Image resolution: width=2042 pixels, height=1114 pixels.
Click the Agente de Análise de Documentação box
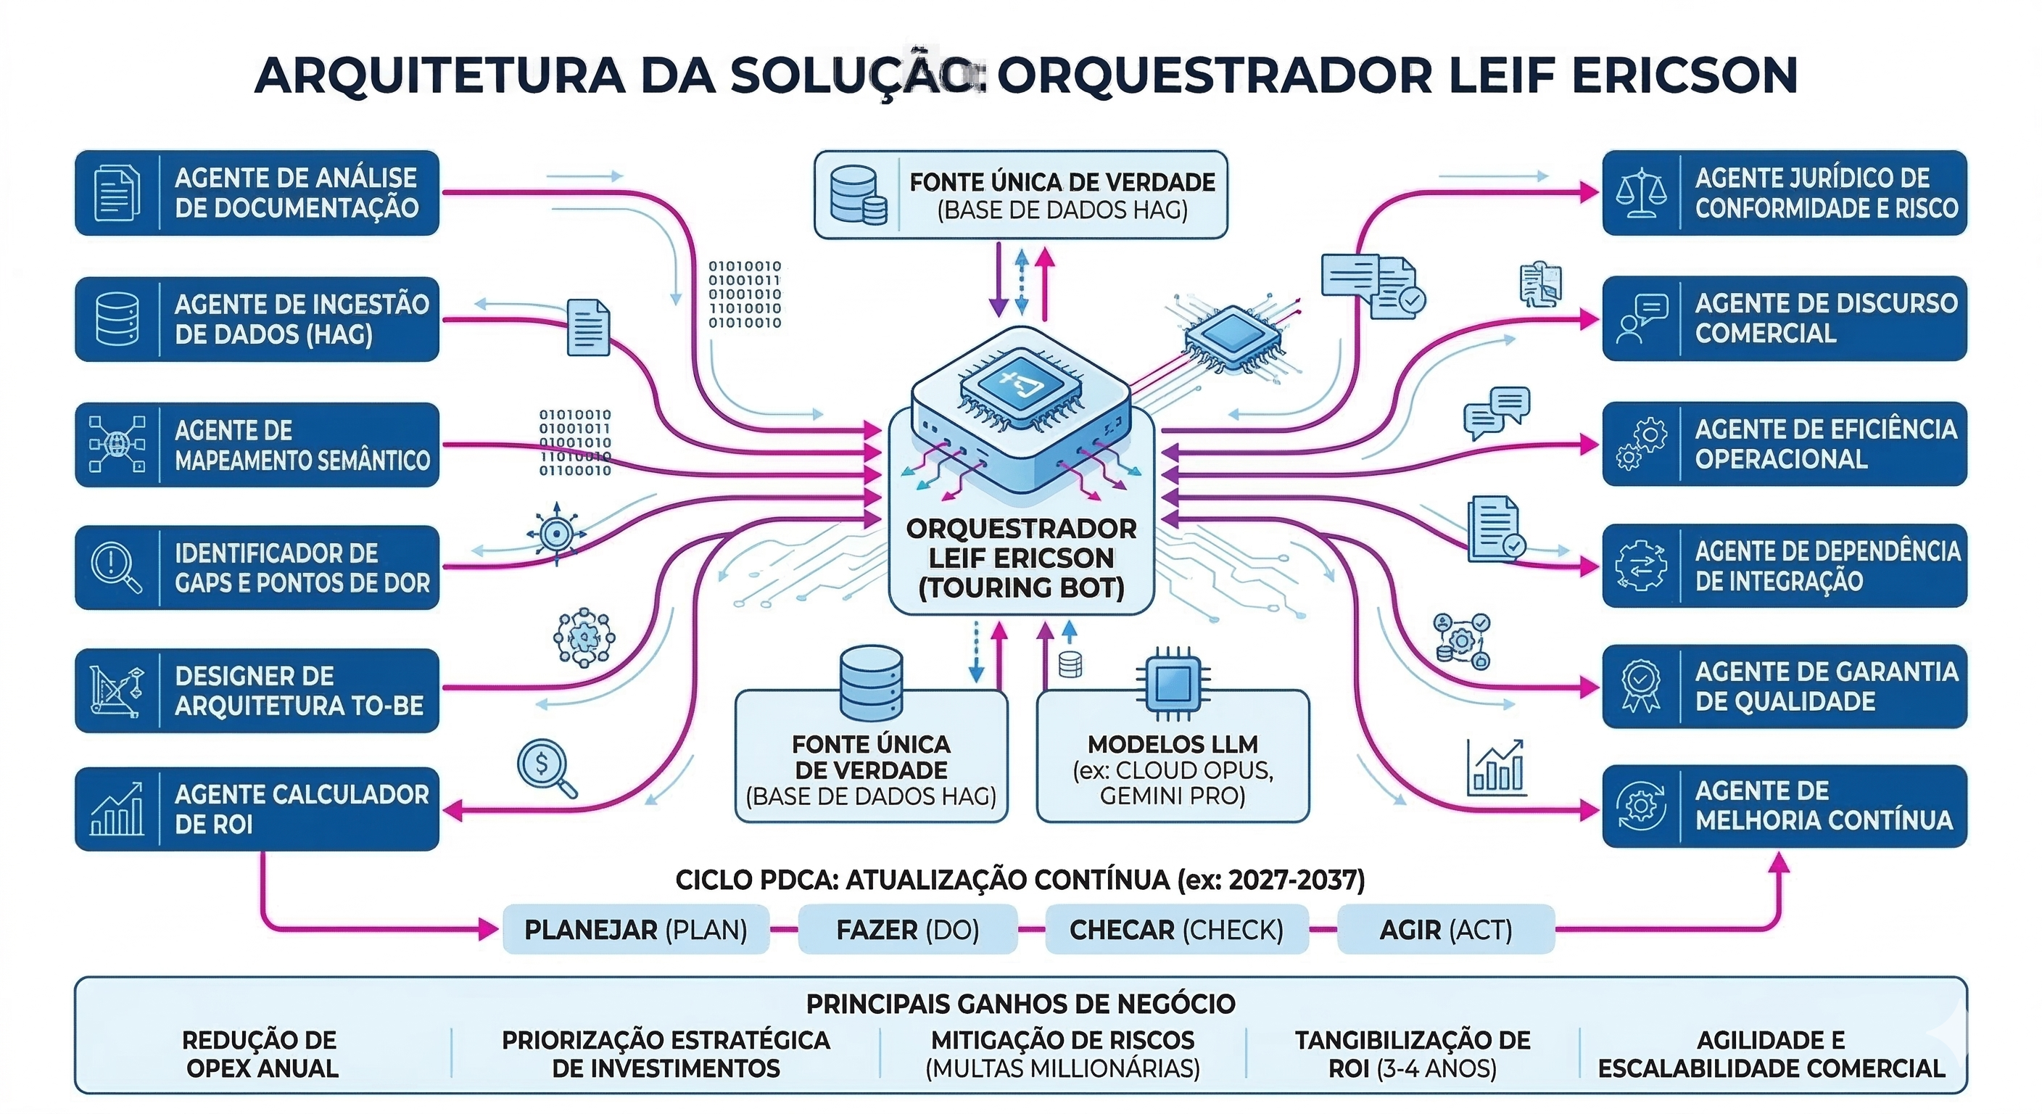(x=257, y=193)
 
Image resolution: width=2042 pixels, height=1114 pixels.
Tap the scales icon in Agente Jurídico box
(x=1640, y=193)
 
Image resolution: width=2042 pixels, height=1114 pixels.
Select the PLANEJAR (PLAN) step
(x=636, y=929)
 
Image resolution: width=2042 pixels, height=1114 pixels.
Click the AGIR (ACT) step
(x=1445, y=929)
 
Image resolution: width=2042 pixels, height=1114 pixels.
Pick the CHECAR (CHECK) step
(x=1176, y=929)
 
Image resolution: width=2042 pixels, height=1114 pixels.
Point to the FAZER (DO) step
(x=908, y=929)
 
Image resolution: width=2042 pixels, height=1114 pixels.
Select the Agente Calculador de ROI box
(x=257, y=809)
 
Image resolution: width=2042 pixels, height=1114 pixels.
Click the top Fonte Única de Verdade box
(x=1021, y=195)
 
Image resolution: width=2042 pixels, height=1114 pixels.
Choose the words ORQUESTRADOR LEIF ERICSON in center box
(x=1021, y=544)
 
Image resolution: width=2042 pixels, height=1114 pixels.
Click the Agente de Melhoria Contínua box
(x=1785, y=806)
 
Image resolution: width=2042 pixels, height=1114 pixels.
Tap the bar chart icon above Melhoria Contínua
(x=1496, y=767)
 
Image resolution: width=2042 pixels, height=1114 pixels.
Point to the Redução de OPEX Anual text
(x=261, y=1054)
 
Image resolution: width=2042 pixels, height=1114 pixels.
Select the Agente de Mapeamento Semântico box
(x=257, y=445)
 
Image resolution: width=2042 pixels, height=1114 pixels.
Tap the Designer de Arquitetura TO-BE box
(x=257, y=690)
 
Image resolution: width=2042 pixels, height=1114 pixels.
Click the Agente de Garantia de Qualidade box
(x=1785, y=687)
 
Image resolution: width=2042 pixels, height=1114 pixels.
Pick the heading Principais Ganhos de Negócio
(x=1020, y=1004)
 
